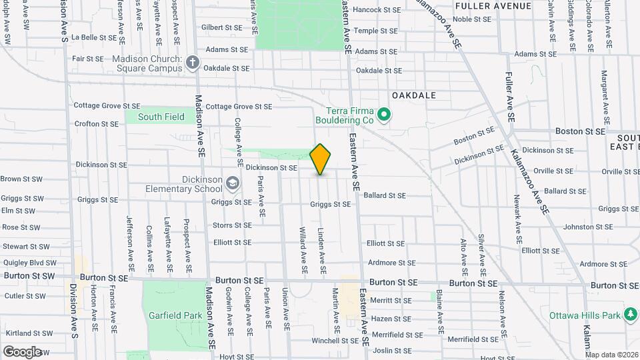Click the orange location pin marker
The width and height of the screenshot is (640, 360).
pos(321,159)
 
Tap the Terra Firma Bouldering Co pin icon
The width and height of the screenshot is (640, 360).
pos(383,116)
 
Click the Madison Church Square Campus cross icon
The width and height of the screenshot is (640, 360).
pos(193,63)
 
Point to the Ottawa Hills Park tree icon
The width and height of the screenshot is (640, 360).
pos(630,315)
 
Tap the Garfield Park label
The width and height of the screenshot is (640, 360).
pos(175,315)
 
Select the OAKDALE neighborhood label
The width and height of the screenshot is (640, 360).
pos(413,95)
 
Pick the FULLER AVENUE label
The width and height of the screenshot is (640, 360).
pos(493,6)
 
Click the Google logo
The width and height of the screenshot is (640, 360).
pos(22,351)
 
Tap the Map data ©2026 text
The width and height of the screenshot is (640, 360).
pos(611,355)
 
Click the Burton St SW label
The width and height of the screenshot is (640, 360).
pos(29,275)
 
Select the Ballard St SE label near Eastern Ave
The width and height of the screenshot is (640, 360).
pos(385,195)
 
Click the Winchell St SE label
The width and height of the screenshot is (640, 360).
pos(335,340)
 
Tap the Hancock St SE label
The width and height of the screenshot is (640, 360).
pos(377,10)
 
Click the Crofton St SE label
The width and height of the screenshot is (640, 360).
pos(97,123)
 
